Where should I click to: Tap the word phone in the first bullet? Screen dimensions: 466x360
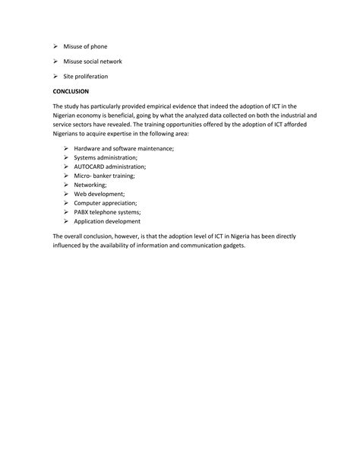(97, 46)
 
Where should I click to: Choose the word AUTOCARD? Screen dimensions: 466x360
(90, 166)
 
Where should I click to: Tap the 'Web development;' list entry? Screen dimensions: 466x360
(99, 194)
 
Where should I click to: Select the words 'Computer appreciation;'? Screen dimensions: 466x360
(106, 203)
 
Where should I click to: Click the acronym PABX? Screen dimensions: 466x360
(82, 212)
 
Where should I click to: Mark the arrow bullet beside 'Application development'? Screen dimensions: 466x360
(67, 221)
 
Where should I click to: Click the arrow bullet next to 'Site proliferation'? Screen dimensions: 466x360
(57, 77)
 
